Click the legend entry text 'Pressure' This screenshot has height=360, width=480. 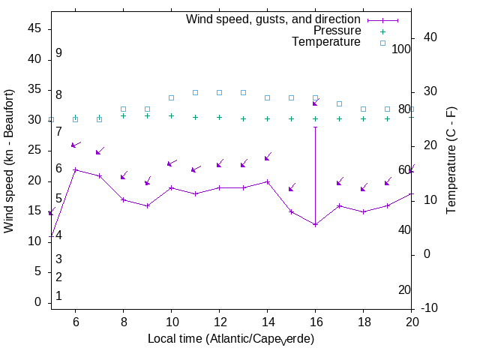coord(337,31)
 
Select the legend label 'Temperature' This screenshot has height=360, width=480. coord(326,42)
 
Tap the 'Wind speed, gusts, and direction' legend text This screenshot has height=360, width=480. coord(274,19)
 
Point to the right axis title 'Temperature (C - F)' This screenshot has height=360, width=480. coord(451,160)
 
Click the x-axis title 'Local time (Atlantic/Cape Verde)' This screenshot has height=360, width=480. coord(231,339)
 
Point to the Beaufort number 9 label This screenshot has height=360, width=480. coord(58,53)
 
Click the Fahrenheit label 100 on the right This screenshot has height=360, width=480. coord(402,49)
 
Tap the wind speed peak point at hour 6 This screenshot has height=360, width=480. coord(75,169)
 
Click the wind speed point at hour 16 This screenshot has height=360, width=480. coord(315,224)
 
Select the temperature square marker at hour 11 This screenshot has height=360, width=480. coord(195,92)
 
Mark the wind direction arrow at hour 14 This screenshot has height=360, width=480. coord(268,157)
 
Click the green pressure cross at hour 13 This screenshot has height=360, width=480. coord(243,118)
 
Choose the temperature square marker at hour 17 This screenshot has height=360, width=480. coord(339,103)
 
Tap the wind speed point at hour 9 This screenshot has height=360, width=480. coord(147,205)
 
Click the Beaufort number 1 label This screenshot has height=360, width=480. coord(58,296)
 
